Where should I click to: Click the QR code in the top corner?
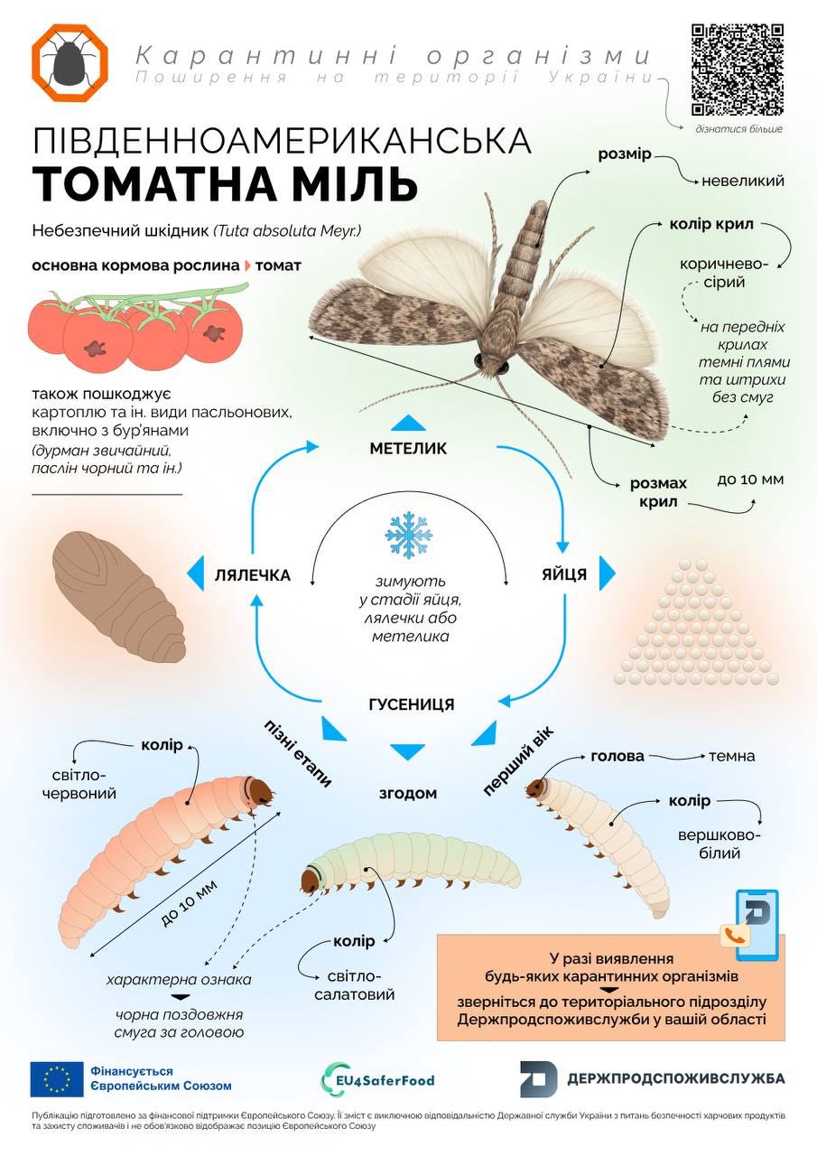(738, 70)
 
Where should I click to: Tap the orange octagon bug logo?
(70, 62)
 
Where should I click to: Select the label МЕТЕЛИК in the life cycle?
(408, 449)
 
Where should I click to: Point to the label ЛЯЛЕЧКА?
(253, 575)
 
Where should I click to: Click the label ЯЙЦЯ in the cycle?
(564, 574)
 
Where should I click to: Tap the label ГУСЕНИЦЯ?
(412, 704)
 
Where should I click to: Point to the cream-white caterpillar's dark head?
(536, 788)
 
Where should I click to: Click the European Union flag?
(57, 1079)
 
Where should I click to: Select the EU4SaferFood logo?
(377, 1079)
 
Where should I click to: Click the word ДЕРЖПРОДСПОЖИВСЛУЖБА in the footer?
(676, 1078)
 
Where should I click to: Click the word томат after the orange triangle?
(279, 266)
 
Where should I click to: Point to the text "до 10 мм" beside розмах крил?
(750, 480)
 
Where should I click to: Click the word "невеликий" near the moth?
(743, 181)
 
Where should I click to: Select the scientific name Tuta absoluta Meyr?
(288, 230)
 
